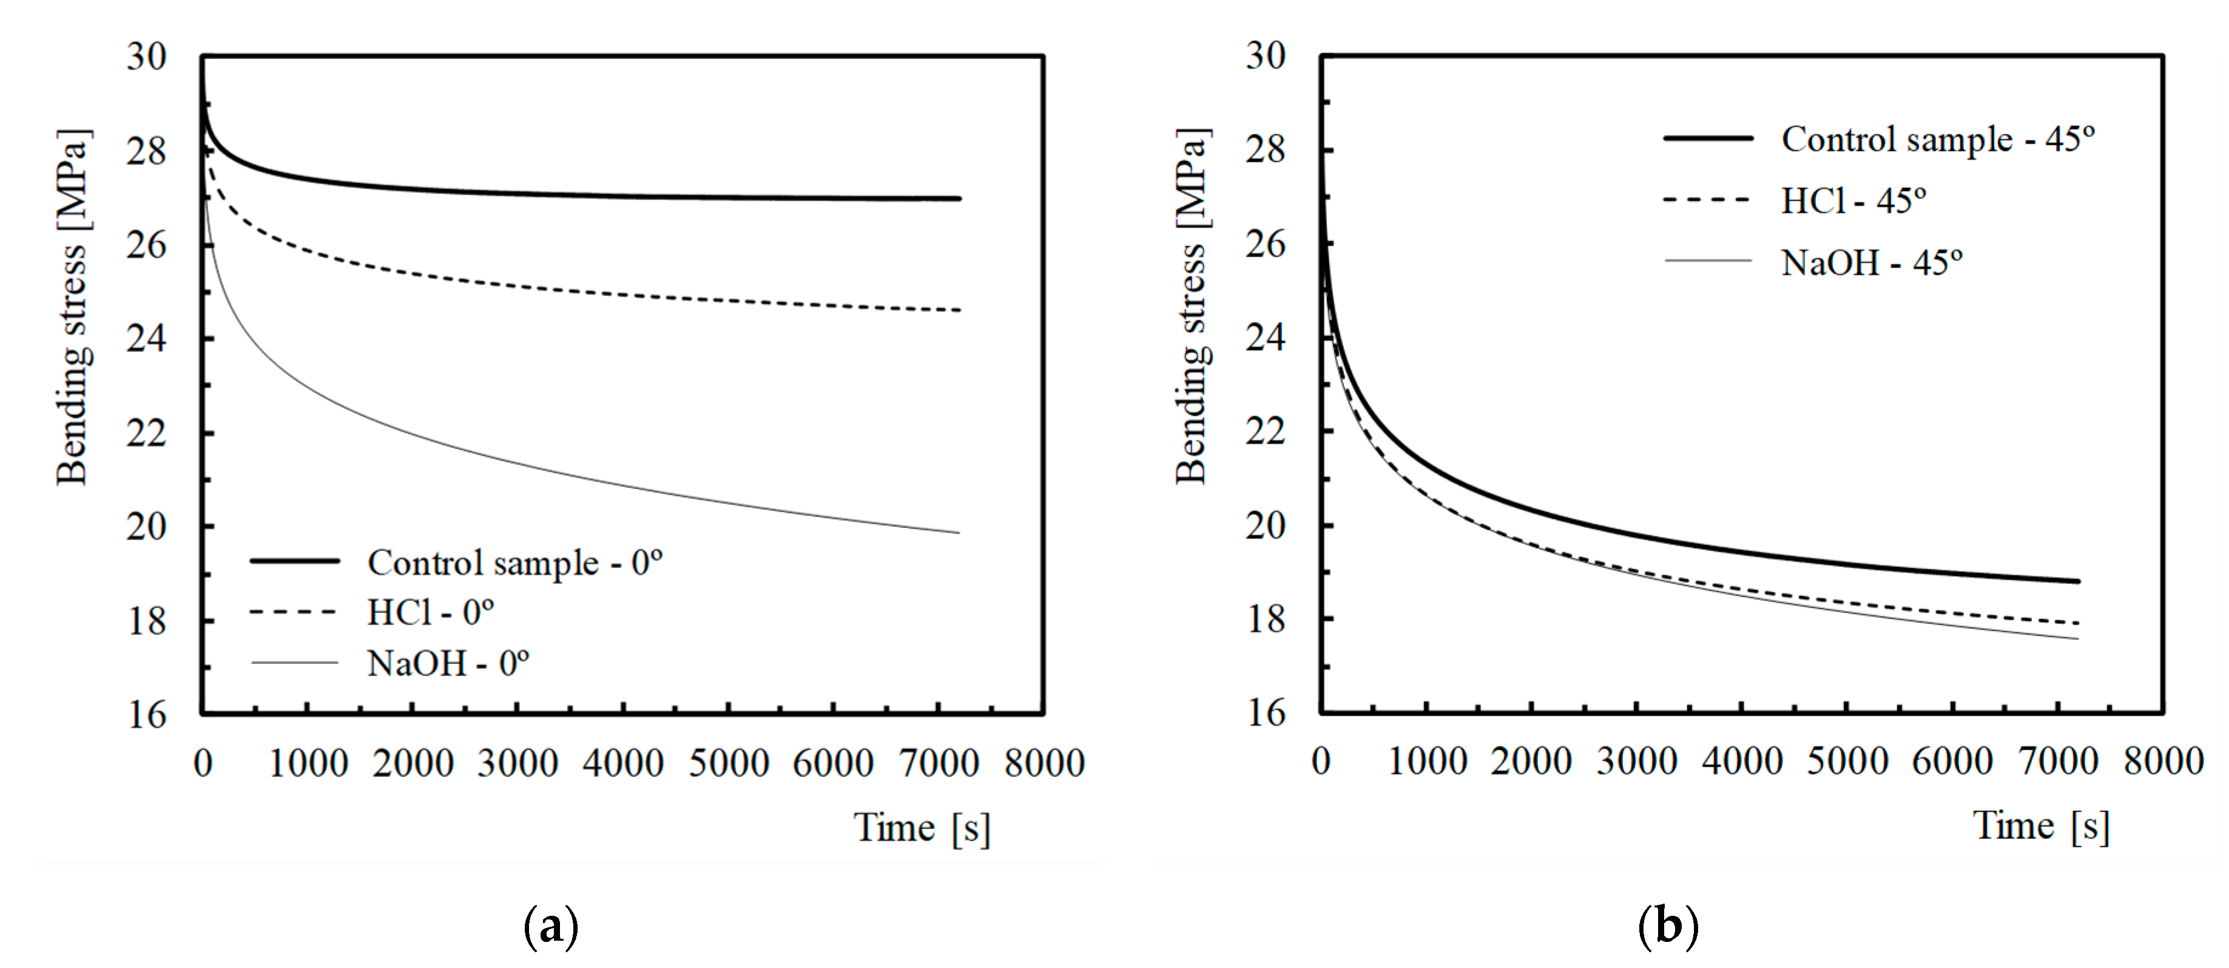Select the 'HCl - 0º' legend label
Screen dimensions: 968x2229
pyautogui.click(x=430, y=613)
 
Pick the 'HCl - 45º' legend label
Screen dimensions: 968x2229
pyautogui.click(x=1853, y=201)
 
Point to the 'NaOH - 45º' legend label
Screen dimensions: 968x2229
pyautogui.click(x=1871, y=262)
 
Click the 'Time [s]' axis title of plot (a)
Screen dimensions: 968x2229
pyautogui.click(x=922, y=828)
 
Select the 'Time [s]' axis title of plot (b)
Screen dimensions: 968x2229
pyautogui.click(x=2040, y=826)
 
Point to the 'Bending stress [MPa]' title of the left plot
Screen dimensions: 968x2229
pyautogui.click(x=73, y=307)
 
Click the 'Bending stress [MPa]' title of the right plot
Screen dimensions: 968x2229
pyautogui.click(x=1192, y=307)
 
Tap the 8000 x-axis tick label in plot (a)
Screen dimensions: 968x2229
pyautogui.click(x=1044, y=763)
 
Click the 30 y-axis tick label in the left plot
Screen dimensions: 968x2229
pyautogui.click(x=146, y=57)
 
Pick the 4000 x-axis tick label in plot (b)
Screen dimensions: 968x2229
pyautogui.click(x=1742, y=762)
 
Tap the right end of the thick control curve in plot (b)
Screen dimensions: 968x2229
pyautogui.click(x=2077, y=581)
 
